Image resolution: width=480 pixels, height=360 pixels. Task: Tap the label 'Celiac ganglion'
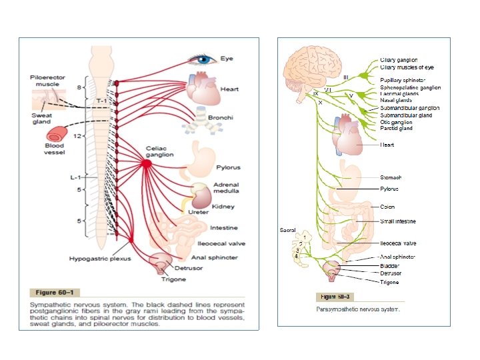pyautogui.click(x=160, y=151)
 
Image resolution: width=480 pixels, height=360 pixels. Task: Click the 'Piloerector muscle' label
pyautogui.click(x=49, y=81)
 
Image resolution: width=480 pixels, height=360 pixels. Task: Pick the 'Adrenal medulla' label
pyautogui.click(x=227, y=188)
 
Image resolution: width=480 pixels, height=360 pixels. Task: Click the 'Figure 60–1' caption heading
pyautogui.click(x=55, y=291)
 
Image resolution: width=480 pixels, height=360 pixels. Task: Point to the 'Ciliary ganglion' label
pyautogui.click(x=399, y=60)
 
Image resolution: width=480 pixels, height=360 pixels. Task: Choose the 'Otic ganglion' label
pyautogui.click(x=396, y=122)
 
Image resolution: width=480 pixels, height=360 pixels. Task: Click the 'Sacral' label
pyautogui.click(x=288, y=230)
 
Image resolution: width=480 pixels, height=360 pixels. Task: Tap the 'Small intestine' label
pyautogui.click(x=398, y=221)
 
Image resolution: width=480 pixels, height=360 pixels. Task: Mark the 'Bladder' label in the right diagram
pyautogui.click(x=390, y=266)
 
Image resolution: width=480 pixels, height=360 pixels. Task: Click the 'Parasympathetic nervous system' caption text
pyautogui.click(x=359, y=309)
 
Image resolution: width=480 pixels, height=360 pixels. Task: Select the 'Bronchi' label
pyautogui.click(x=221, y=118)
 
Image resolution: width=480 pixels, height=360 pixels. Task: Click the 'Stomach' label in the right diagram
pyautogui.click(x=391, y=177)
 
